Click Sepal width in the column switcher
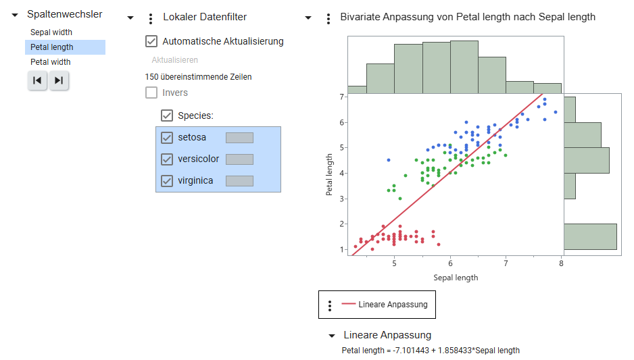tap(51, 32)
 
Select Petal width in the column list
tap(51, 62)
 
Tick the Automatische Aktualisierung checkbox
tap(151, 41)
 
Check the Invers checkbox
tap(151, 93)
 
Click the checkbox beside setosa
tap(167, 138)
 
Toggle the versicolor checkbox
tap(167, 159)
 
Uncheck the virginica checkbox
tap(167, 181)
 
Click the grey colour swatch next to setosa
tap(239, 138)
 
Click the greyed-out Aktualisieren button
tap(174, 60)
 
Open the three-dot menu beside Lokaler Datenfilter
tap(150, 18)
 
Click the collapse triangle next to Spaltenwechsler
tap(15, 15)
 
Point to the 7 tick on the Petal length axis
tap(342, 97)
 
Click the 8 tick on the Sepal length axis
tap(561, 263)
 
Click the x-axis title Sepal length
tap(456, 278)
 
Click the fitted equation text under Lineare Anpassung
tap(431, 350)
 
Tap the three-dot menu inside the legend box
tap(330, 305)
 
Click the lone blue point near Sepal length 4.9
tap(388, 160)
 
